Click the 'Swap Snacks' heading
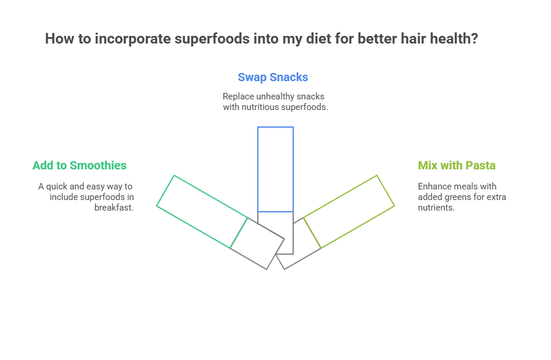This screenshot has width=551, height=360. click(x=273, y=77)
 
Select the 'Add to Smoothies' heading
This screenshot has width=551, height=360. click(x=79, y=165)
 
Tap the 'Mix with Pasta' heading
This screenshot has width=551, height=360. click(x=456, y=165)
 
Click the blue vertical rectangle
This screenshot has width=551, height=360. click(x=275, y=169)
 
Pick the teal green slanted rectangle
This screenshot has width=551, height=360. click(x=202, y=211)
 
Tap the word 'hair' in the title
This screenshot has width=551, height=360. click(x=412, y=39)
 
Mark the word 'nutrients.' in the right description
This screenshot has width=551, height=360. click(x=436, y=208)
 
